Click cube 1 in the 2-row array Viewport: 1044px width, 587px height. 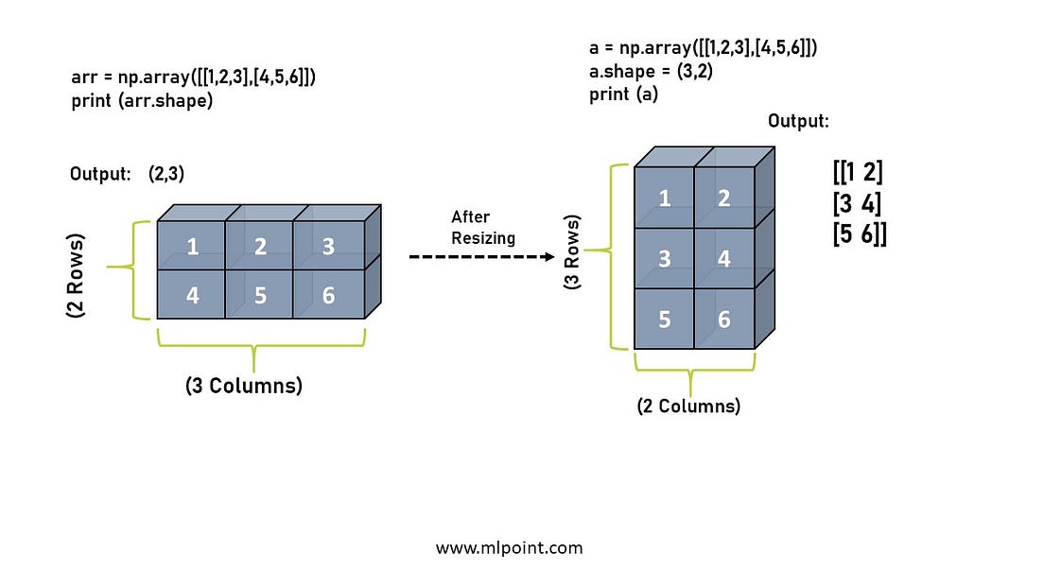192,247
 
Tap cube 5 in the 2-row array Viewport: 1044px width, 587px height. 260,295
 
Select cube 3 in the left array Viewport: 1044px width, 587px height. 328,247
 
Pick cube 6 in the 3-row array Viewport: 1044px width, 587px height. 723,319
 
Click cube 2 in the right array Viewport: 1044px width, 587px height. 723,198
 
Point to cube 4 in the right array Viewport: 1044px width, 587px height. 723,258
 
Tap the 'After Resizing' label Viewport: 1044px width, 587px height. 483,228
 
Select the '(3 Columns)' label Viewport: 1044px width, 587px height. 244,386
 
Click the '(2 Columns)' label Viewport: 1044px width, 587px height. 687,406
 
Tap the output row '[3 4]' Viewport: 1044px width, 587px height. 858,202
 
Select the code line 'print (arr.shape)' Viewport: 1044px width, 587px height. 142,101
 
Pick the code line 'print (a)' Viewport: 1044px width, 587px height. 623,94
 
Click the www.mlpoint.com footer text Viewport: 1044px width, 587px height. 510,547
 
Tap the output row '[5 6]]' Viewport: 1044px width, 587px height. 860,233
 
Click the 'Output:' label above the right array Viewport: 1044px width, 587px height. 799,121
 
